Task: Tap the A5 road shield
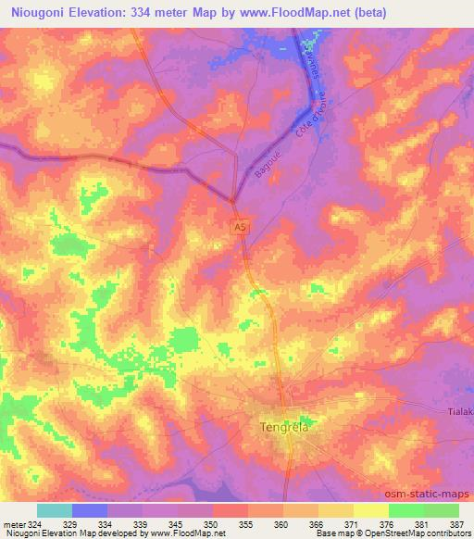point(241,226)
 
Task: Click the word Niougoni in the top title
point(36,14)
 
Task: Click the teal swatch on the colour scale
point(54,510)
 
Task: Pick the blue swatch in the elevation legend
point(89,510)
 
